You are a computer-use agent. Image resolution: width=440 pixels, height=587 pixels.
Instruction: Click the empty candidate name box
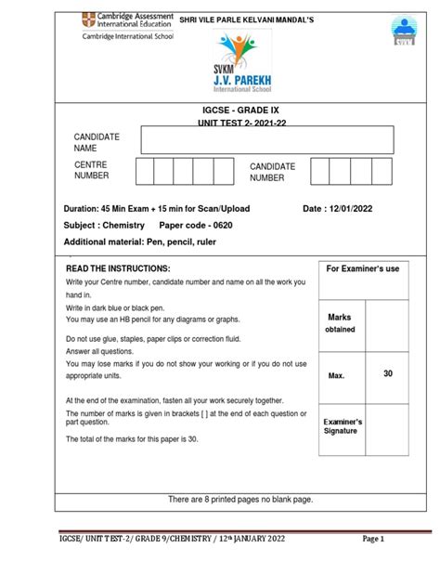click(266, 141)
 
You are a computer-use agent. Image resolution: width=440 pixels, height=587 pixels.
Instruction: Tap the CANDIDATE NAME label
click(97, 142)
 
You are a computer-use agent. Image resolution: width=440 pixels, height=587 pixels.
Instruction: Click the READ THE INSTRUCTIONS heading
click(118, 268)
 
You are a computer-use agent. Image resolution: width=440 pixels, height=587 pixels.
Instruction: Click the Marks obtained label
click(340, 323)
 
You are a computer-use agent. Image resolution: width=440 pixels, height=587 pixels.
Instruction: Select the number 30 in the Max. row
click(387, 373)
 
